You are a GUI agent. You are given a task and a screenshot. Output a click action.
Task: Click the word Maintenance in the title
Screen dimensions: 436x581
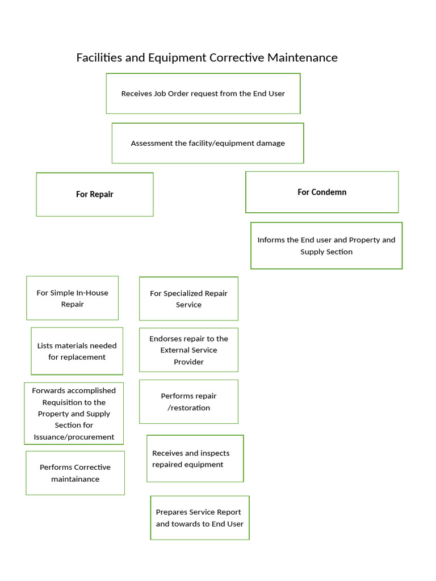[303, 58]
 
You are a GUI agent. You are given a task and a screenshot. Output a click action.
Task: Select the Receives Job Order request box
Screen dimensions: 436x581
[203, 94]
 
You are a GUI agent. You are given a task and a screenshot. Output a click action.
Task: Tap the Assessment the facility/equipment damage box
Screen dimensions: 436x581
[208, 143]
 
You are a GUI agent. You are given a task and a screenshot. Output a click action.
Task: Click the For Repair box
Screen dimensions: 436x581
[95, 195]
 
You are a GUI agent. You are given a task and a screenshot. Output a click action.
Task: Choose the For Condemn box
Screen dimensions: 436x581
[322, 192]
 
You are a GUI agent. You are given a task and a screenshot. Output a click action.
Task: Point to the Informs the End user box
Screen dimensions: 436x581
[326, 246]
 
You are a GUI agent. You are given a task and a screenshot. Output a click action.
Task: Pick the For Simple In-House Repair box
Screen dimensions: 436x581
[72, 298]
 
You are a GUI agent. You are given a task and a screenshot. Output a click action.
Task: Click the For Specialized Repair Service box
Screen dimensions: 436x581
[188, 298]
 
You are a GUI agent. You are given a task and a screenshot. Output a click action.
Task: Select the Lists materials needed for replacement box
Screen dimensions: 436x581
[77, 351]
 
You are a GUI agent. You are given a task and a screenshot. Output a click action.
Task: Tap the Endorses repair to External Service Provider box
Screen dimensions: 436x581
[188, 350]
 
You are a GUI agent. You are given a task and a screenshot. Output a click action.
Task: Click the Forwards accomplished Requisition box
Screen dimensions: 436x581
[74, 414]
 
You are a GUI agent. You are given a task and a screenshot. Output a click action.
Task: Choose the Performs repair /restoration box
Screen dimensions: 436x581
[188, 402]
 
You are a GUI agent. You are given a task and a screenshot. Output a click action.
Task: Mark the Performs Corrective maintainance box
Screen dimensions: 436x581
[76, 473]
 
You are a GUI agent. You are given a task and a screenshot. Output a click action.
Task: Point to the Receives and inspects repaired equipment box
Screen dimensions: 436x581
[195, 458]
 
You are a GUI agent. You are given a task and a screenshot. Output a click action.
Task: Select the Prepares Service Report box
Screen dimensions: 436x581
[200, 517]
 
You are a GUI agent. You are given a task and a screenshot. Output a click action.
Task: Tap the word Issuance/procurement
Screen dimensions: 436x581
[74, 437]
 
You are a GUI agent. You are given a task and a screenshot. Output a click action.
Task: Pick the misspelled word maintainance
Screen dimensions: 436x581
[76, 479]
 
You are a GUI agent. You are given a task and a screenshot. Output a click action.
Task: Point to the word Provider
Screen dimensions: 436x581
[188, 362]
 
